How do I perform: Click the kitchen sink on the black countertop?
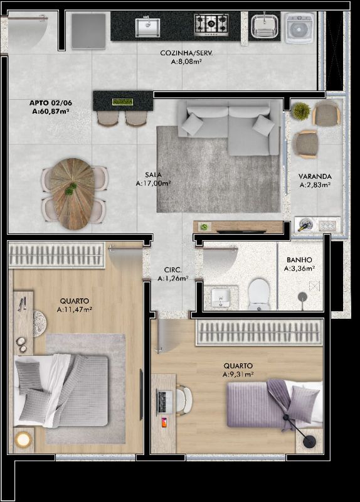tap(147, 27)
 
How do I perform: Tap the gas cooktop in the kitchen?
tap(211, 24)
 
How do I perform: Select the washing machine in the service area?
tap(300, 28)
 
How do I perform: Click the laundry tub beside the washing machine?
tap(264, 26)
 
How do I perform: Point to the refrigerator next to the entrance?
tap(88, 31)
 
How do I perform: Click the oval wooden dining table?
tap(72, 194)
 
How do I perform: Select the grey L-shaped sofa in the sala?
tap(228, 127)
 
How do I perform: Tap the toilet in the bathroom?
tap(259, 294)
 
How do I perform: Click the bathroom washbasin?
tap(221, 296)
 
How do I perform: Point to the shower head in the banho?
tap(302, 297)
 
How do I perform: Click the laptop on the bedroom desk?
tap(164, 401)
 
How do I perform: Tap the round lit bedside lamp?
tap(23, 439)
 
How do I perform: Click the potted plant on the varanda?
tap(302, 111)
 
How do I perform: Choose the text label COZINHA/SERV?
tap(186, 53)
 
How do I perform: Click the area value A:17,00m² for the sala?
tap(153, 183)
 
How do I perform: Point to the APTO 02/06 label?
tap(51, 103)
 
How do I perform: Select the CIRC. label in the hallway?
tap(173, 270)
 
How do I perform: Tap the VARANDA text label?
tap(315, 176)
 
